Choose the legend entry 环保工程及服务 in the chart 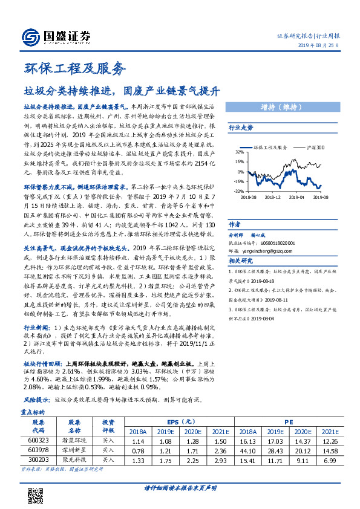[270, 147]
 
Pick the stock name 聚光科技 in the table [74, 461]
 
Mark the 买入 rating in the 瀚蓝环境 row [108, 441]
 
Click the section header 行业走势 [241, 128]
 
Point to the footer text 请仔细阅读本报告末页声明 [180, 488]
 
